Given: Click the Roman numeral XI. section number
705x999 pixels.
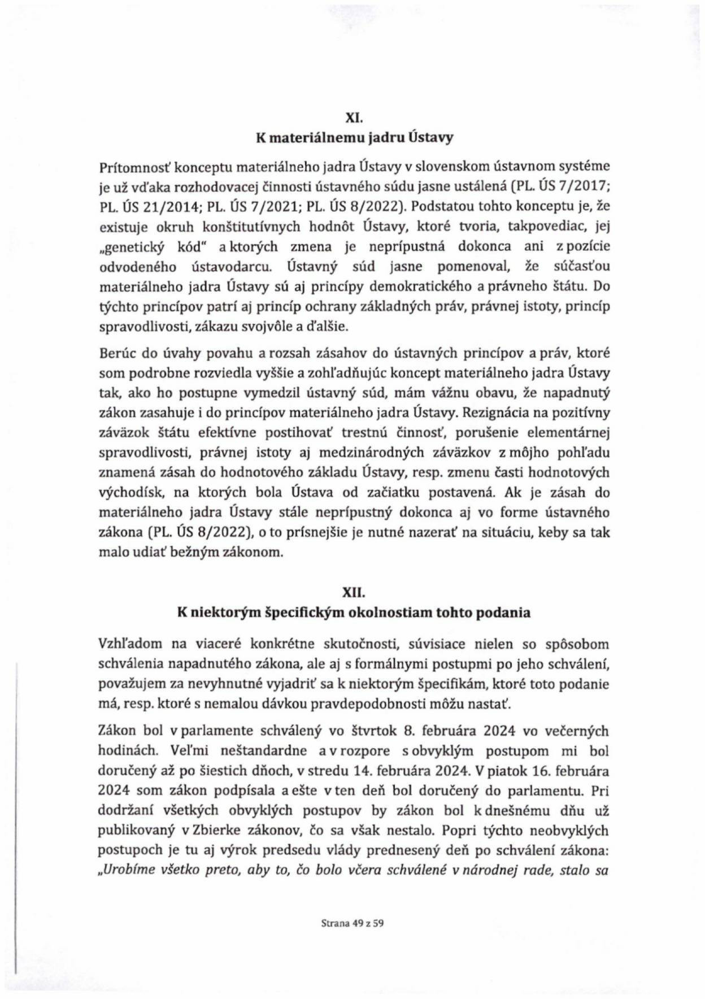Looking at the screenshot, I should point(353,118).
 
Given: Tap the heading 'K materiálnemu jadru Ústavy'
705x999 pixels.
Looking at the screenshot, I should point(353,138).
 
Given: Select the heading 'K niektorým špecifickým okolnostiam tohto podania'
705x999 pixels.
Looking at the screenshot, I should point(353,613).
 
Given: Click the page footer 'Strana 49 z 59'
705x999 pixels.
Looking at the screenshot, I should point(352,924).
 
